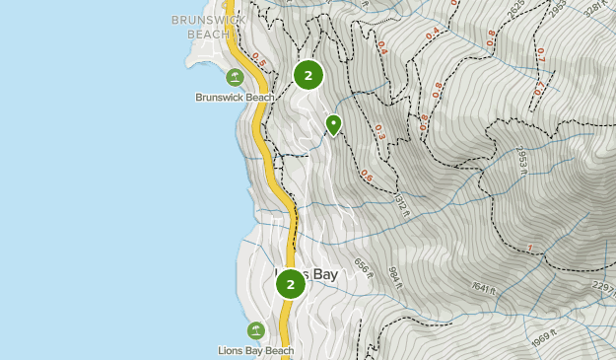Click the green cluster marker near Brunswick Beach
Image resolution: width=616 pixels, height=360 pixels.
(x=308, y=74)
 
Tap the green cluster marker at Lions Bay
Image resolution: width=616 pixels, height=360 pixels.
(x=291, y=284)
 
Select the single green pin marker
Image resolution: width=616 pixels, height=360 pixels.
(x=333, y=124)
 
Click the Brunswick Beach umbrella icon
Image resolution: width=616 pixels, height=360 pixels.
(x=235, y=77)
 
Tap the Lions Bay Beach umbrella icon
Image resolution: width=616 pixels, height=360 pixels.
(x=256, y=330)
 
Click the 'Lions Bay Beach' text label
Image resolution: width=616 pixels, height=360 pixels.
(x=256, y=350)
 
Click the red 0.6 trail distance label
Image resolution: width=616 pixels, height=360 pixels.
(x=367, y=177)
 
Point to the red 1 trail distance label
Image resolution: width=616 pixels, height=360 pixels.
(x=530, y=248)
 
